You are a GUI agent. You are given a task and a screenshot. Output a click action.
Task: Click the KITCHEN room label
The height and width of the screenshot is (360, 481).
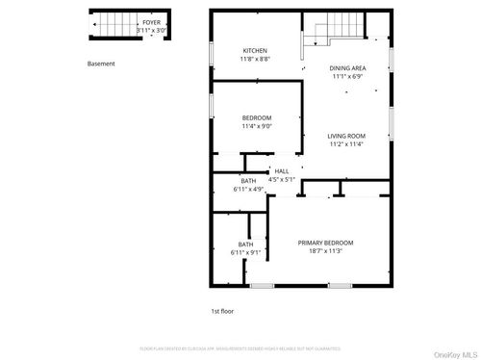pos(255,50)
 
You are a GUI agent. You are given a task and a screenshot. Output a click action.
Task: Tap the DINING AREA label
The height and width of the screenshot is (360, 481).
pos(347,68)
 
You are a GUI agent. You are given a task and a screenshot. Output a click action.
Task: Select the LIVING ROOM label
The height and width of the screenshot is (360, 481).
pos(347,137)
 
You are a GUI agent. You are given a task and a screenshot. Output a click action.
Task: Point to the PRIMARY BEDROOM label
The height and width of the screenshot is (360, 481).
pos(325,243)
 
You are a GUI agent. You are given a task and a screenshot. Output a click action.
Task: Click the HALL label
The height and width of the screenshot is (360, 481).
pos(282,170)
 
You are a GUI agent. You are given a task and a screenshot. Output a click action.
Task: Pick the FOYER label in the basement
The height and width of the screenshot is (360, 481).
pos(152,21)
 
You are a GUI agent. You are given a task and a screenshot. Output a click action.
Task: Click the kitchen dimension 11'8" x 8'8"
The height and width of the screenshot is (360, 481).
pos(255,59)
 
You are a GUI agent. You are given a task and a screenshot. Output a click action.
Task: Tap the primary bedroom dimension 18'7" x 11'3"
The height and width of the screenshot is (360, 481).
pos(325,251)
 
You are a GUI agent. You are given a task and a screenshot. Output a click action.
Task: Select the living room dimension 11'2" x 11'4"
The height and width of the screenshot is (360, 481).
pos(347,145)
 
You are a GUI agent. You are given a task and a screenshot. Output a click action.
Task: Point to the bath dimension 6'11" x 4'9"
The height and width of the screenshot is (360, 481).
pos(248,189)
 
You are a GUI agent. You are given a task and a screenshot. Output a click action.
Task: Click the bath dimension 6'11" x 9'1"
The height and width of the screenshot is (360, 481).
pos(246,252)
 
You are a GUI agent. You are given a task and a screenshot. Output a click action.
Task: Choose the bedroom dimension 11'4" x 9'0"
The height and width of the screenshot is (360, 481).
pos(257,126)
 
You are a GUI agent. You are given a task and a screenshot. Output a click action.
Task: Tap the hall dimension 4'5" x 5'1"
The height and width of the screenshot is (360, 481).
pos(282,178)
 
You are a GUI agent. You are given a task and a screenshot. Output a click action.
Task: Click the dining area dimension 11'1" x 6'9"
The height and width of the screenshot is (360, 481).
pos(347,77)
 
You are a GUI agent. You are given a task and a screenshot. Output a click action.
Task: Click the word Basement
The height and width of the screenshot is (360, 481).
pos(101,64)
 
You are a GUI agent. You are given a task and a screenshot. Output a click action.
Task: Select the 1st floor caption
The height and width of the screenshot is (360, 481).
pos(222,311)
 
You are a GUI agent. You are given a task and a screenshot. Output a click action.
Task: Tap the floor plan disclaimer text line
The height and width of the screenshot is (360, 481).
pos(240,347)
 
